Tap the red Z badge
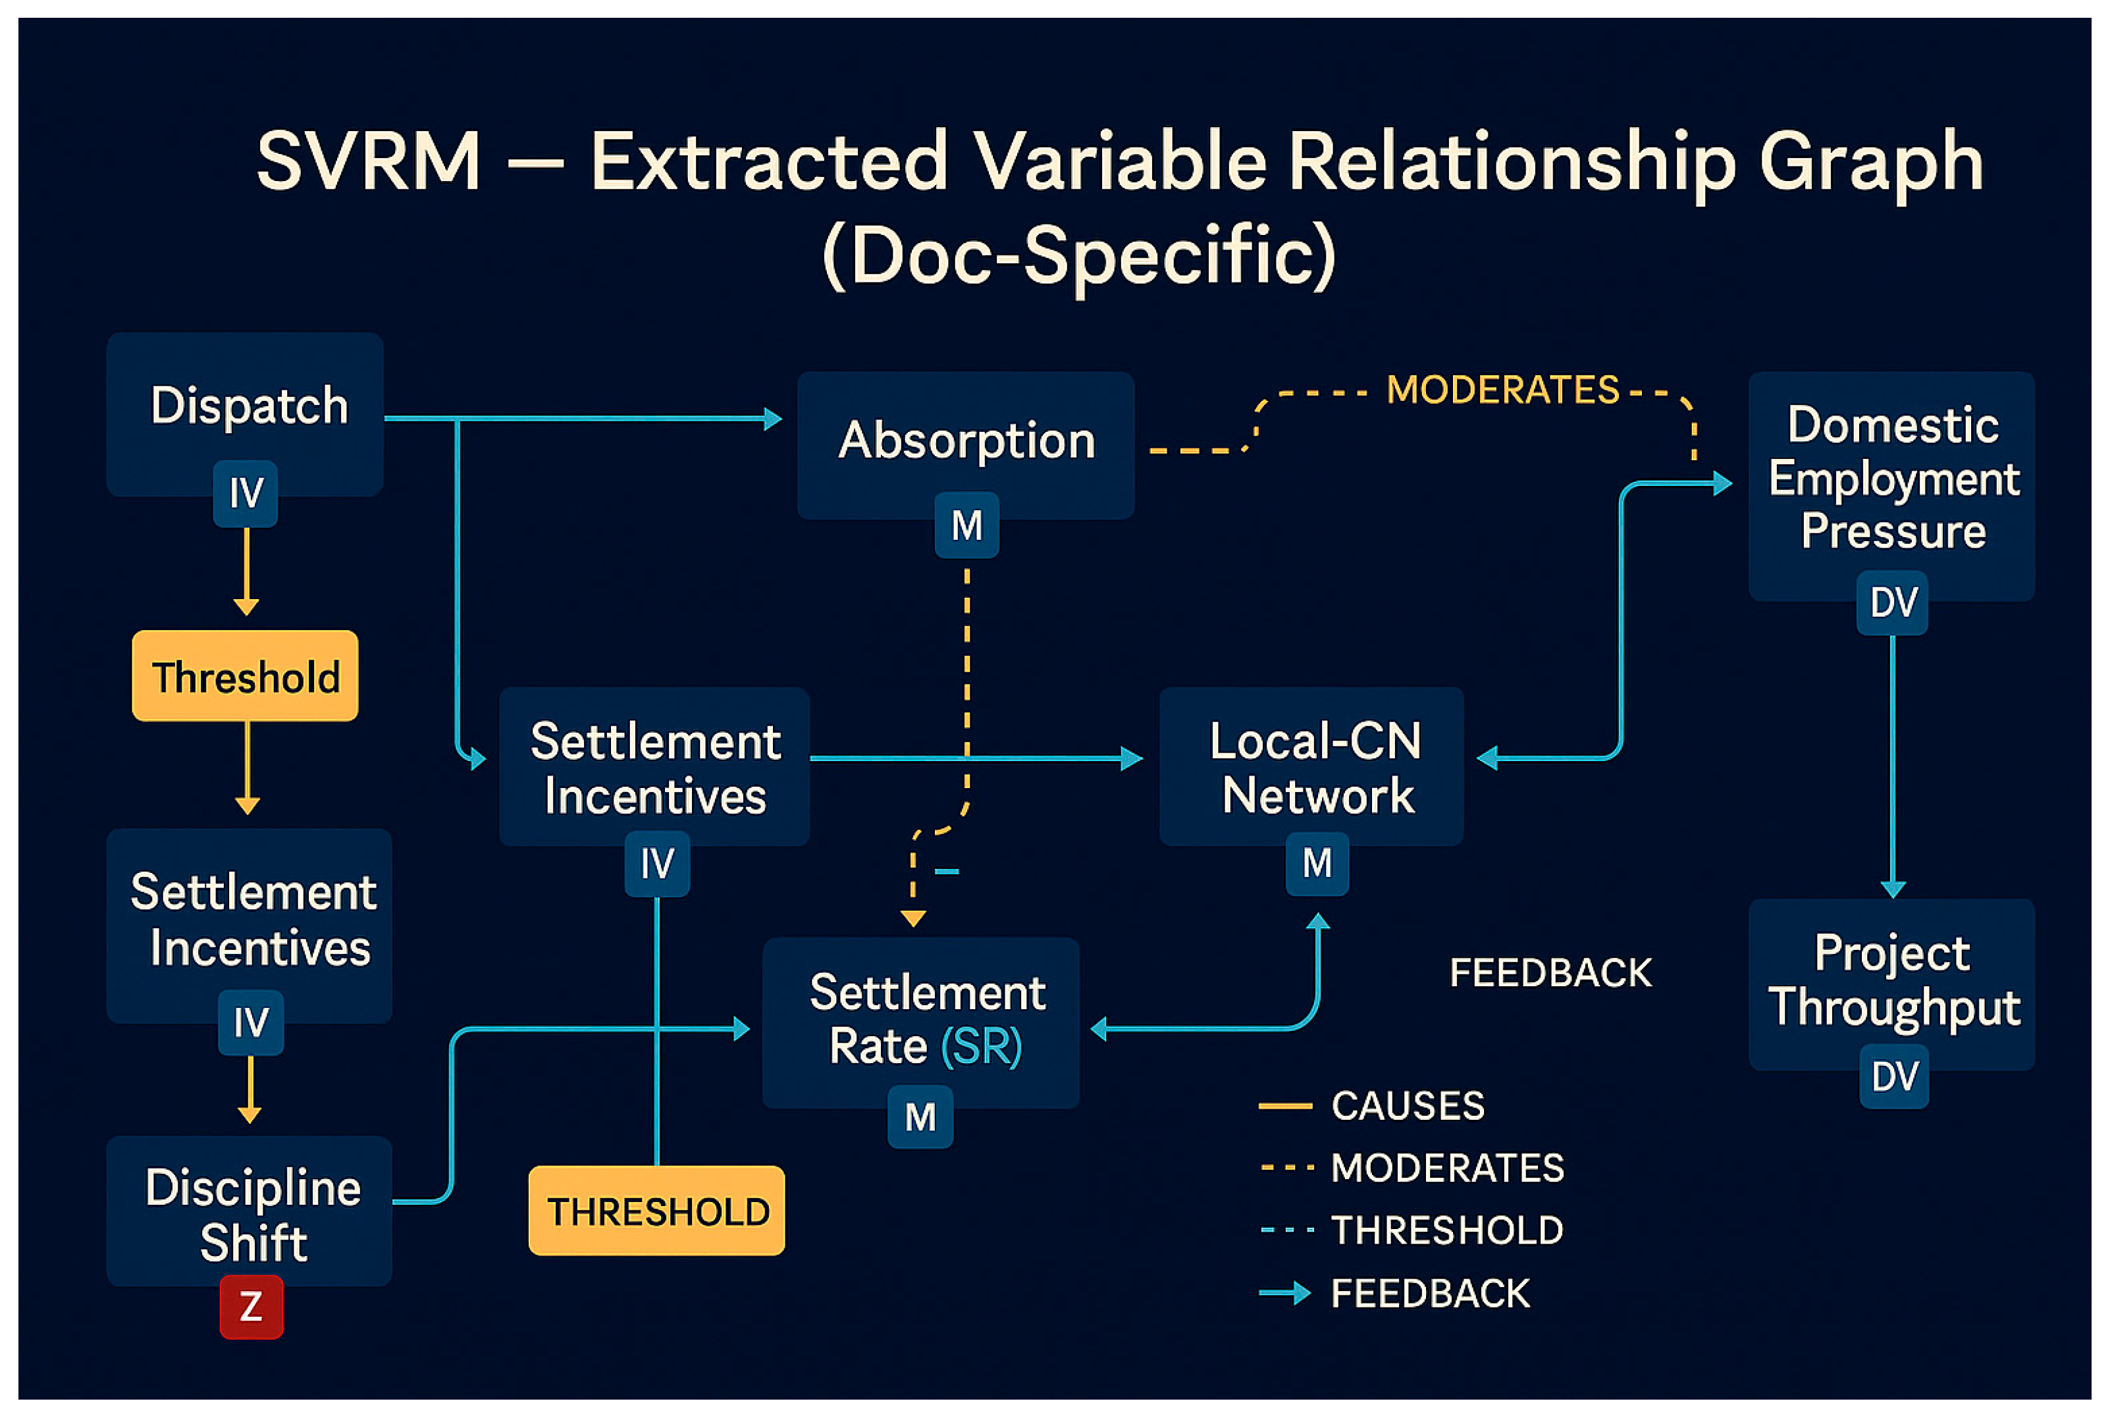coord(251,1307)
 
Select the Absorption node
coord(965,444)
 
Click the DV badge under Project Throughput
coord(1893,1076)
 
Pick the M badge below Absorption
coord(966,525)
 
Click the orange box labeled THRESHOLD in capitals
coord(656,1211)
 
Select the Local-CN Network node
coord(1311,766)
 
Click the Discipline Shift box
coord(250,1211)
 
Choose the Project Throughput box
coord(1891,985)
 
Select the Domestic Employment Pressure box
coord(1891,486)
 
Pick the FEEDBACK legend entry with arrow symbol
coord(1394,1293)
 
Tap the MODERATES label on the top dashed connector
coord(1502,390)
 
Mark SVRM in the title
coord(368,161)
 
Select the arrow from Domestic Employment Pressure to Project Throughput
coord(1893,767)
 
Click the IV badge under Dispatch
coord(246,493)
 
